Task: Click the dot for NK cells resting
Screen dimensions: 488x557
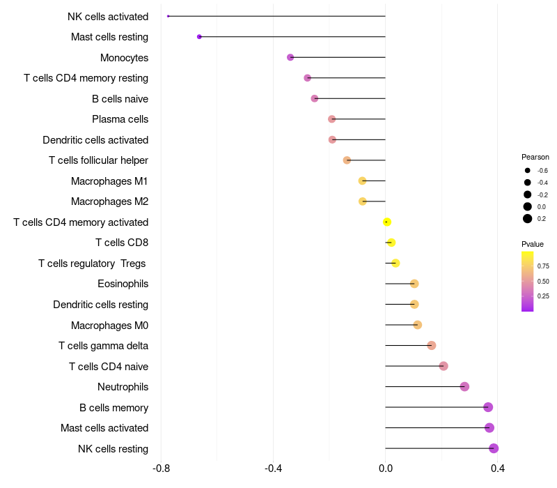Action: click(494, 448)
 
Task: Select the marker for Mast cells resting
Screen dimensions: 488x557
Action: click(199, 36)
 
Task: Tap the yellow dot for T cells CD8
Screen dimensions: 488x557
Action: click(391, 243)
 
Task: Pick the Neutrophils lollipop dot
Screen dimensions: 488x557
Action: click(464, 387)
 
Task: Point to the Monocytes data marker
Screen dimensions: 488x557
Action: click(290, 57)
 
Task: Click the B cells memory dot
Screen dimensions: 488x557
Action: click(488, 407)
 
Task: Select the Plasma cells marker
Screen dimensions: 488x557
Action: click(331, 119)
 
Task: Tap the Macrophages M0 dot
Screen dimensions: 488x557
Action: click(418, 325)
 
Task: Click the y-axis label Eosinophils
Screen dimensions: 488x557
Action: click(123, 284)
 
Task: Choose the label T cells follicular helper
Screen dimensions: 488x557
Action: click(98, 160)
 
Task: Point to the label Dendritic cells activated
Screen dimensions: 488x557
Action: click(95, 140)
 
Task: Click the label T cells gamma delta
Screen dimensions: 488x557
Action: click(103, 346)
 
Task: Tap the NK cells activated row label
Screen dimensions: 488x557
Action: click(108, 16)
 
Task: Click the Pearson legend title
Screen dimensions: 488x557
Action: click(535, 157)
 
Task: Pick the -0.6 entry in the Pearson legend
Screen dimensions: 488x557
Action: click(542, 171)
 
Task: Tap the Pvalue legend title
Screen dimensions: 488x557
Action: click(533, 244)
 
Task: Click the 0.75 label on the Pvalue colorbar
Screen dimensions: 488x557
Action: click(543, 266)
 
